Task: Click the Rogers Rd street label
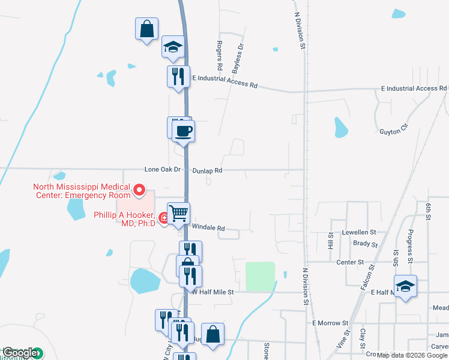220,55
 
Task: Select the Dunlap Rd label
208,170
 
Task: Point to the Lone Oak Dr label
162,170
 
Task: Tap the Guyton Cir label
394,131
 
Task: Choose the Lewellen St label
360,232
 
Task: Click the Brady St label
365,244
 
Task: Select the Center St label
350,262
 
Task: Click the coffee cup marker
184,131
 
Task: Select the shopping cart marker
178,213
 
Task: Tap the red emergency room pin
139,191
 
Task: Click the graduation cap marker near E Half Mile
405,286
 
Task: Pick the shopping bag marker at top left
146,29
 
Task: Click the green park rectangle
260,276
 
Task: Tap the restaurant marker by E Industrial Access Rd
178,77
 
